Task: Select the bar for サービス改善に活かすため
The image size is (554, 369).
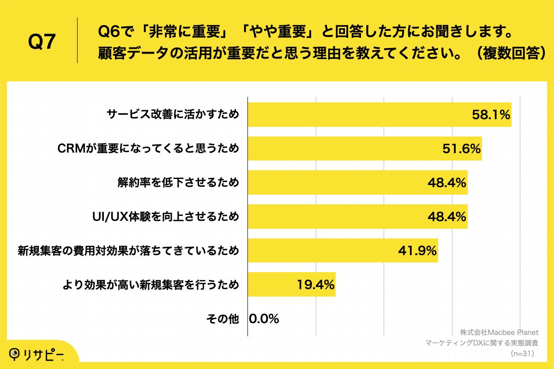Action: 360,114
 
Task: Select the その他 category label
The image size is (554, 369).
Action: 223,319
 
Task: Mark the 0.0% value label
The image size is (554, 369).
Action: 264,319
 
